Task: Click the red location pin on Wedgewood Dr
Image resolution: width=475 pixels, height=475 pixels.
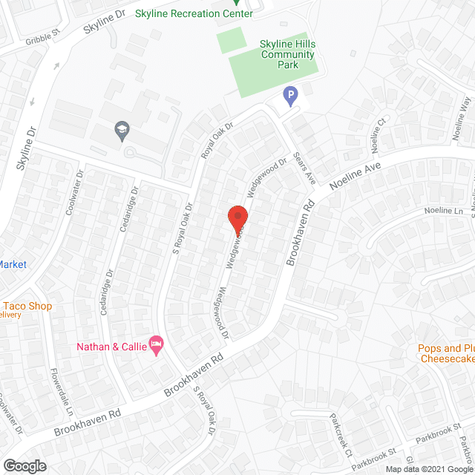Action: click(x=237, y=217)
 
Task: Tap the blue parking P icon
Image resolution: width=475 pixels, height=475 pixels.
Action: click(x=291, y=95)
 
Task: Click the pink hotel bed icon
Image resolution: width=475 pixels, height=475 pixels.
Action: click(x=156, y=344)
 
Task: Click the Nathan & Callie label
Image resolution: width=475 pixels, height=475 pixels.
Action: click(x=111, y=346)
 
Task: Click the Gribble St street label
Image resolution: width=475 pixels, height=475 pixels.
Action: click(x=42, y=41)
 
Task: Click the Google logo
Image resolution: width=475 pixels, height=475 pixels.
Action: click(x=24, y=466)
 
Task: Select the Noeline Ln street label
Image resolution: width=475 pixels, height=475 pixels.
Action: click(x=443, y=212)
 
